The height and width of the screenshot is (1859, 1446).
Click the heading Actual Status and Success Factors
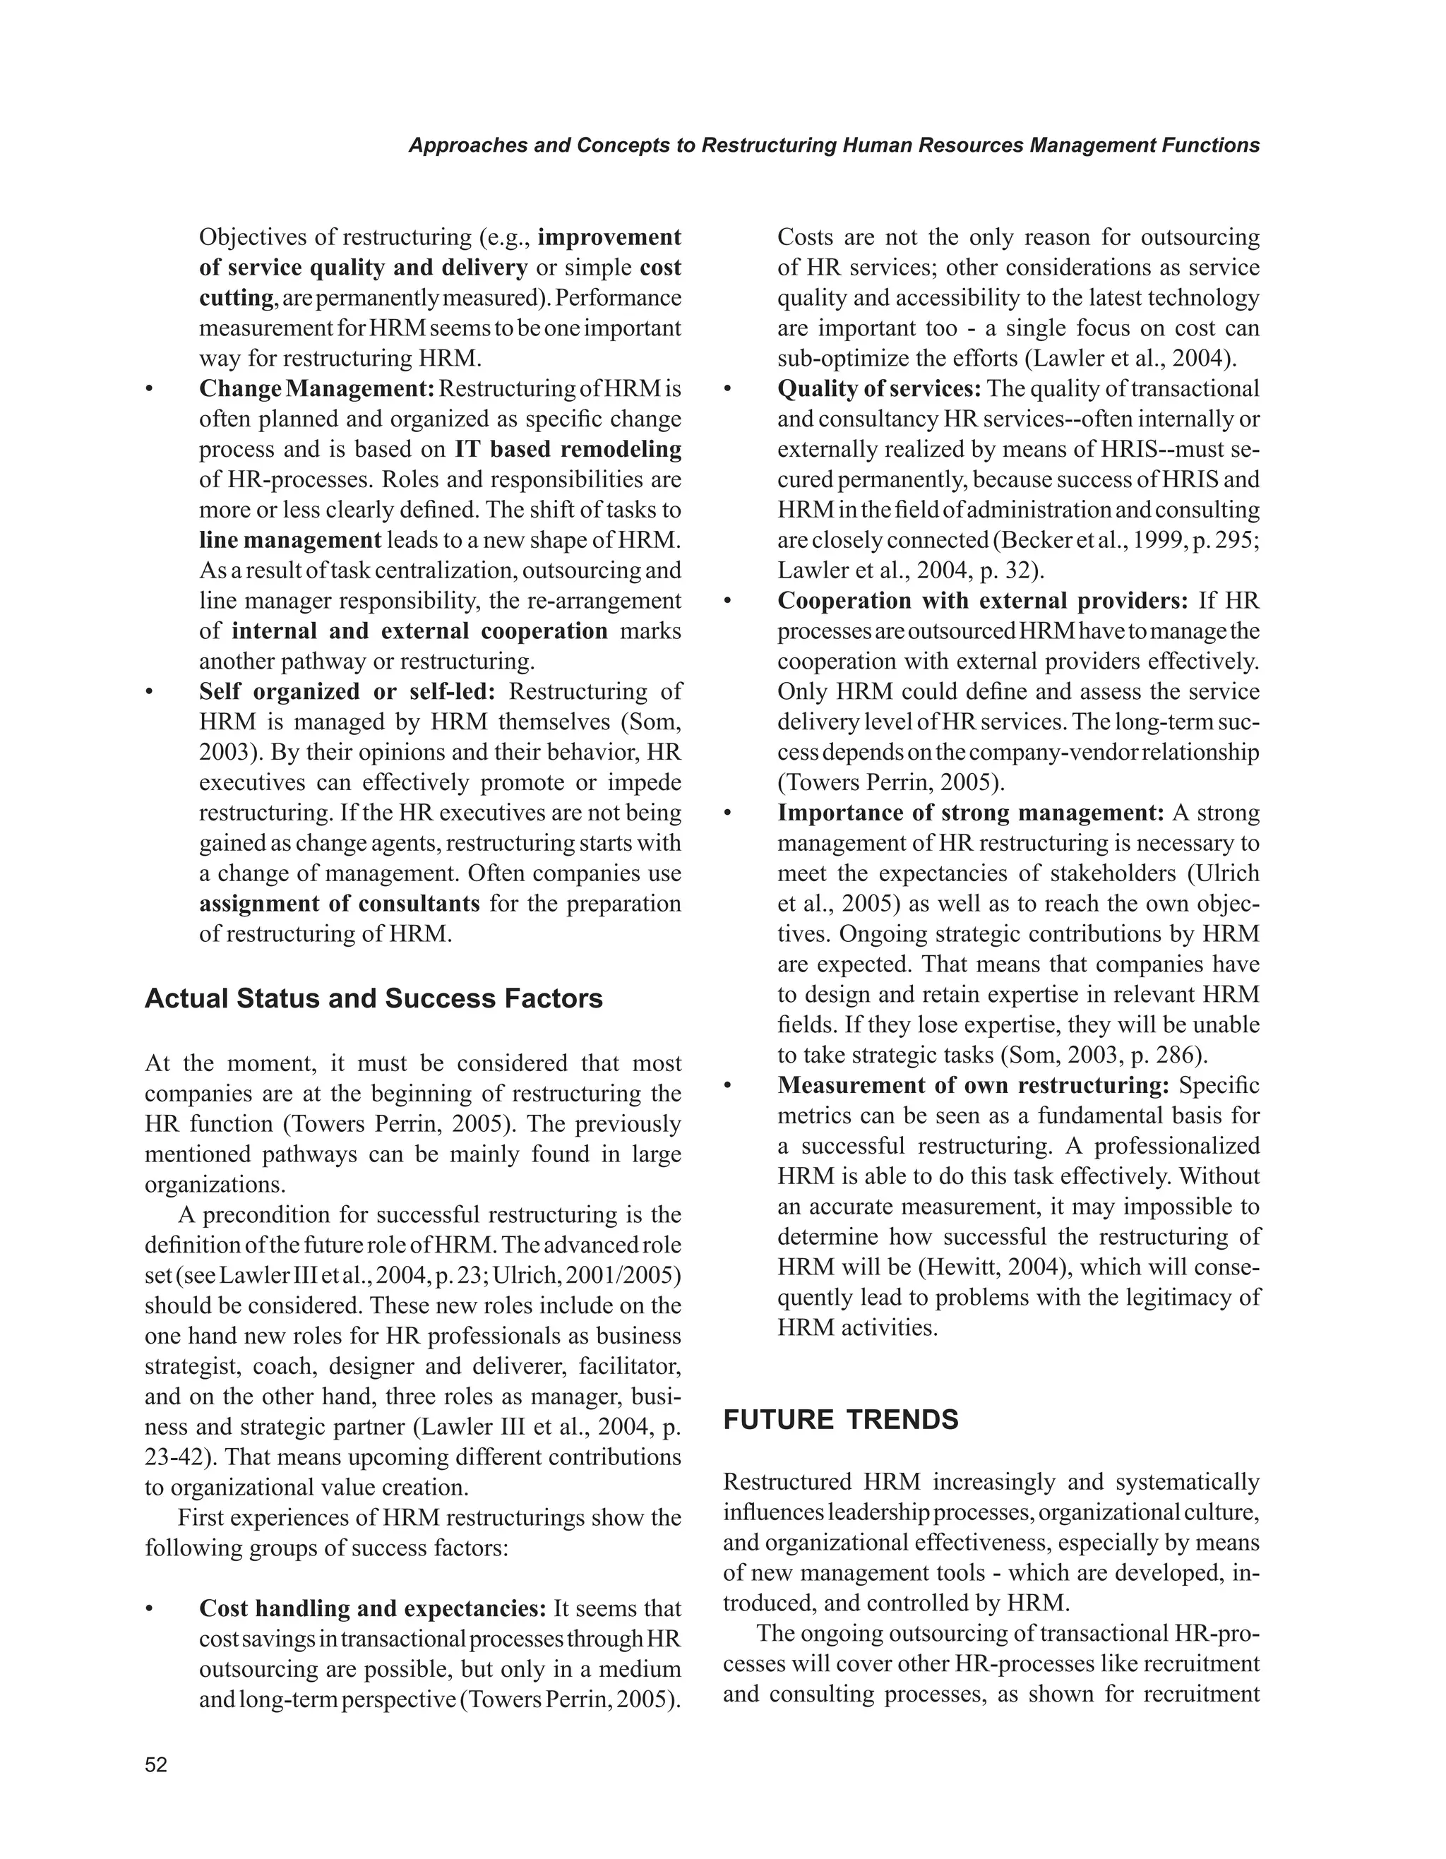[374, 998]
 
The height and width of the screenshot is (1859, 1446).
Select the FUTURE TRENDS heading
[840, 1420]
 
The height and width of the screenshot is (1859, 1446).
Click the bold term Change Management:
[316, 389]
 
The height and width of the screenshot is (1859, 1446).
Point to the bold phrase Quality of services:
[879, 389]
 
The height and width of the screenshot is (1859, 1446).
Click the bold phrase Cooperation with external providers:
[982, 601]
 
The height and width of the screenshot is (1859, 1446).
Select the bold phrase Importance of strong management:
[970, 813]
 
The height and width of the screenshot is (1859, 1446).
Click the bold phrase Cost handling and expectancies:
[372, 1609]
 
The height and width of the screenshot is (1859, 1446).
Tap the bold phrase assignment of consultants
[340, 903]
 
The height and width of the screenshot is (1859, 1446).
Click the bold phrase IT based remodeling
[568, 450]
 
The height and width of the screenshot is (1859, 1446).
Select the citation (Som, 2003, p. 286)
[1103, 1056]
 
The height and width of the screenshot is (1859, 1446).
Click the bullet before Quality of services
[728, 390]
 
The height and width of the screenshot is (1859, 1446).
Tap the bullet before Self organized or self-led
[150, 692]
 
